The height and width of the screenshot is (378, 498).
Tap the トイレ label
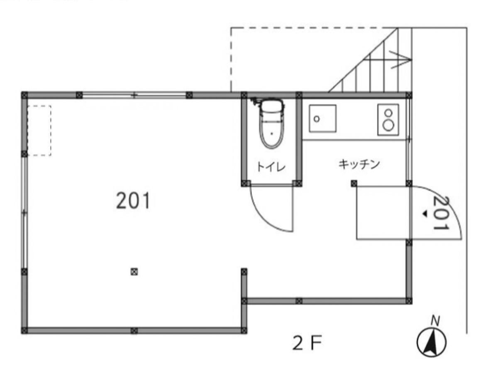271,167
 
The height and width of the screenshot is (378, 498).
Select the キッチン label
359,164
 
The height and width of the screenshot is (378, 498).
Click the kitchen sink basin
322,118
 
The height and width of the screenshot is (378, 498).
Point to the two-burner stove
388,119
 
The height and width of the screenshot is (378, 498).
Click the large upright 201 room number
133,200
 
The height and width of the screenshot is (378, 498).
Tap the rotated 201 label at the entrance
441,213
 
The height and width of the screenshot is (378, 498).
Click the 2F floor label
307,343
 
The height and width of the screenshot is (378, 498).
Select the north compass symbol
431,342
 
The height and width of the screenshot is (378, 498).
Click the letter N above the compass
435,321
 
